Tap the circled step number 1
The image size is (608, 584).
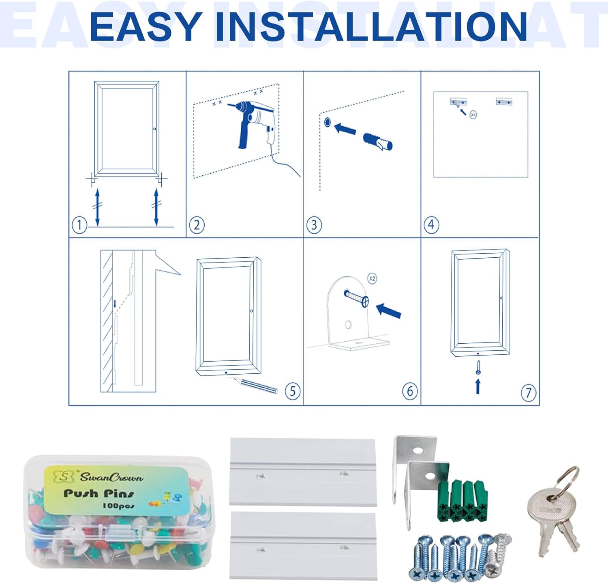tap(79, 225)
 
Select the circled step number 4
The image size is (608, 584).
tap(431, 224)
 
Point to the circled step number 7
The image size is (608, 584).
tap(528, 392)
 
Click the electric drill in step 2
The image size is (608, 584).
tap(251, 122)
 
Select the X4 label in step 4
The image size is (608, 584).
tap(473, 115)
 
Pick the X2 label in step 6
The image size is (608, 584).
tap(372, 278)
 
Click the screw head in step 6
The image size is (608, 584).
tap(365, 302)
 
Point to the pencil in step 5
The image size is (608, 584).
tap(255, 385)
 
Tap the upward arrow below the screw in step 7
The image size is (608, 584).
tap(478, 386)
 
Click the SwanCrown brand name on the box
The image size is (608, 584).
tap(111, 477)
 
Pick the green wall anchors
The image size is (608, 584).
tap(462, 501)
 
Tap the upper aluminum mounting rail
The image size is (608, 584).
tap(303, 472)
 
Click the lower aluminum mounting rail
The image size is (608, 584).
tap(303, 545)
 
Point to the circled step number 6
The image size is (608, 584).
tap(410, 391)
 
